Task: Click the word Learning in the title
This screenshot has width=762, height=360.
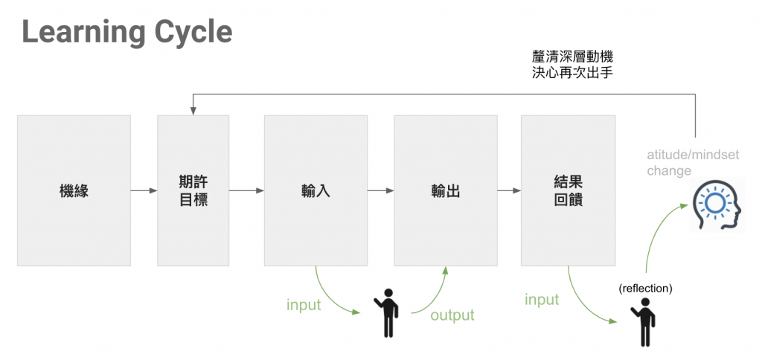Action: click(x=81, y=33)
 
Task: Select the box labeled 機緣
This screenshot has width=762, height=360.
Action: click(x=74, y=190)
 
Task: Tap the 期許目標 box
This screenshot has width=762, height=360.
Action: click(x=193, y=190)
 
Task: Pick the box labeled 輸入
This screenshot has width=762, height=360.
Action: click(x=316, y=190)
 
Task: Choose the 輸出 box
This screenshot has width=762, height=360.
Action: click(x=445, y=190)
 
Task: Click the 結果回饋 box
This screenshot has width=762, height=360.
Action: click(x=568, y=190)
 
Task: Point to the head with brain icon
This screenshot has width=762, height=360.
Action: click(x=716, y=207)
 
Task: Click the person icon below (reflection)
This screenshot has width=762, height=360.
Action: click(x=645, y=321)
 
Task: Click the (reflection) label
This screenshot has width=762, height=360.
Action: click(x=645, y=289)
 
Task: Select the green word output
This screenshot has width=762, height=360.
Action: click(x=452, y=315)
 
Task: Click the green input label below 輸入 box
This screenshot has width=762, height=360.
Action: click(x=304, y=305)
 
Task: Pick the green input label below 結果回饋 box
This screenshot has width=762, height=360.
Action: click(x=542, y=300)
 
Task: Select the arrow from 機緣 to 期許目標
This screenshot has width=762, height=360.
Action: click(x=144, y=190)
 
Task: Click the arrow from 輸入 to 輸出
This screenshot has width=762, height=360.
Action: click(x=380, y=190)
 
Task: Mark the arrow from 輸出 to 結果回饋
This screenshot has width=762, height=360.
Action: click(x=509, y=190)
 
